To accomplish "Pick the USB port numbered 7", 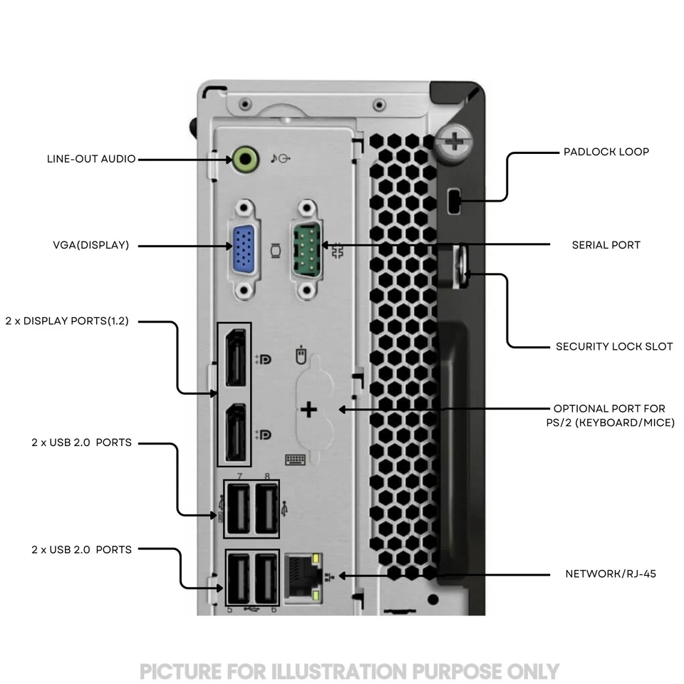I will click(x=239, y=509).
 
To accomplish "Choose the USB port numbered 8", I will click(x=266, y=509).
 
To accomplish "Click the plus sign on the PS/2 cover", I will click(x=309, y=410).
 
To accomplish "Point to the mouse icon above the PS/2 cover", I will click(x=301, y=354).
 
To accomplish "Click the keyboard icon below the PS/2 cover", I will click(x=295, y=460).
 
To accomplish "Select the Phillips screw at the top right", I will click(x=453, y=140).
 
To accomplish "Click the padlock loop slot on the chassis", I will click(x=454, y=201).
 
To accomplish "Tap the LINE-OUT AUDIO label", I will click(x=90, y=159).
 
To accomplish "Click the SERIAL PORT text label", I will click(x=606, y=245).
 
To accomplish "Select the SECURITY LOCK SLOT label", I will click(x=613, y=347).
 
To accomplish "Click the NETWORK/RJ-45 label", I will click(x=611, y=574).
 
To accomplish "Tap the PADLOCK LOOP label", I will click(x=606, y=152).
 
